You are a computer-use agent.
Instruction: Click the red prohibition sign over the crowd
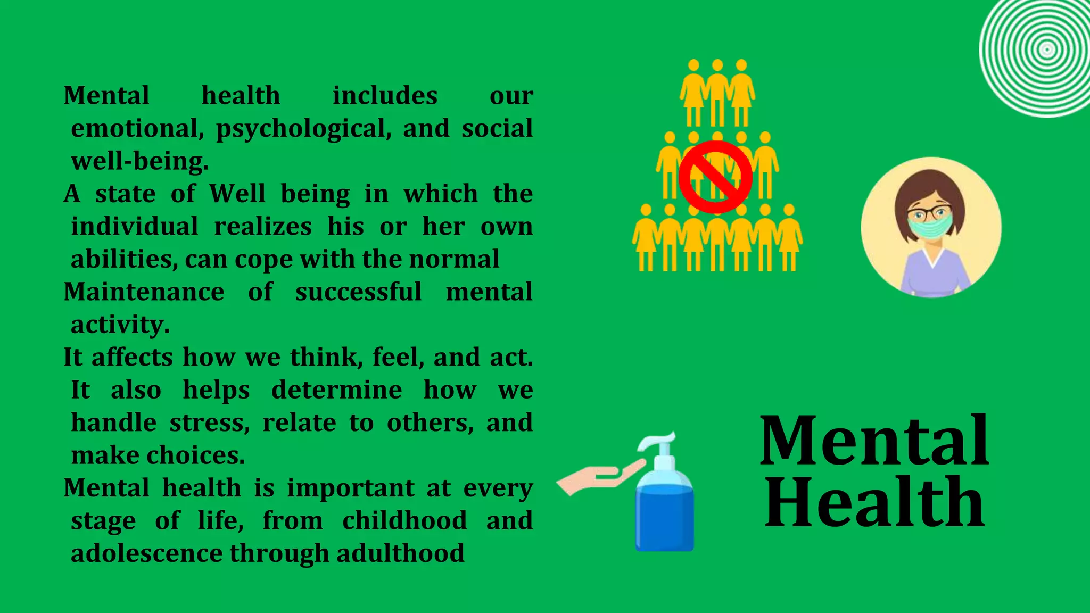[715, 177]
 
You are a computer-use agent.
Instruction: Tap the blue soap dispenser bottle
[664, 511]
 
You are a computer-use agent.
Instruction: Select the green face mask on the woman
[930, 226]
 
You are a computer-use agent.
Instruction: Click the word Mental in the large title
[874, 441]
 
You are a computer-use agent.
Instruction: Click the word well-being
[139, 161]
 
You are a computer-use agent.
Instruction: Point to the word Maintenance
[144, 292]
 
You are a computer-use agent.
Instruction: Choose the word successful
[358, 292]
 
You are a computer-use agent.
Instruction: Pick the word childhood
[404, 520]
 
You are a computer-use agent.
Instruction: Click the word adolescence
[146, 553]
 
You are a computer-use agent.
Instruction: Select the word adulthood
[400, 553]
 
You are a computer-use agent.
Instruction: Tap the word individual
[135, 227]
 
